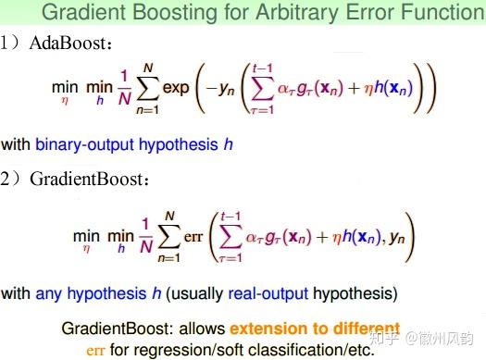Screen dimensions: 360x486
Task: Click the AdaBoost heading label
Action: [73, 43]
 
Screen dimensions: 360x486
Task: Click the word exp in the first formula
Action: [175, 89]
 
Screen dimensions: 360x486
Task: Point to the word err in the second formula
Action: [193, 237]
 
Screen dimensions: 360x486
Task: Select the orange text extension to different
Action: [316, 329]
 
